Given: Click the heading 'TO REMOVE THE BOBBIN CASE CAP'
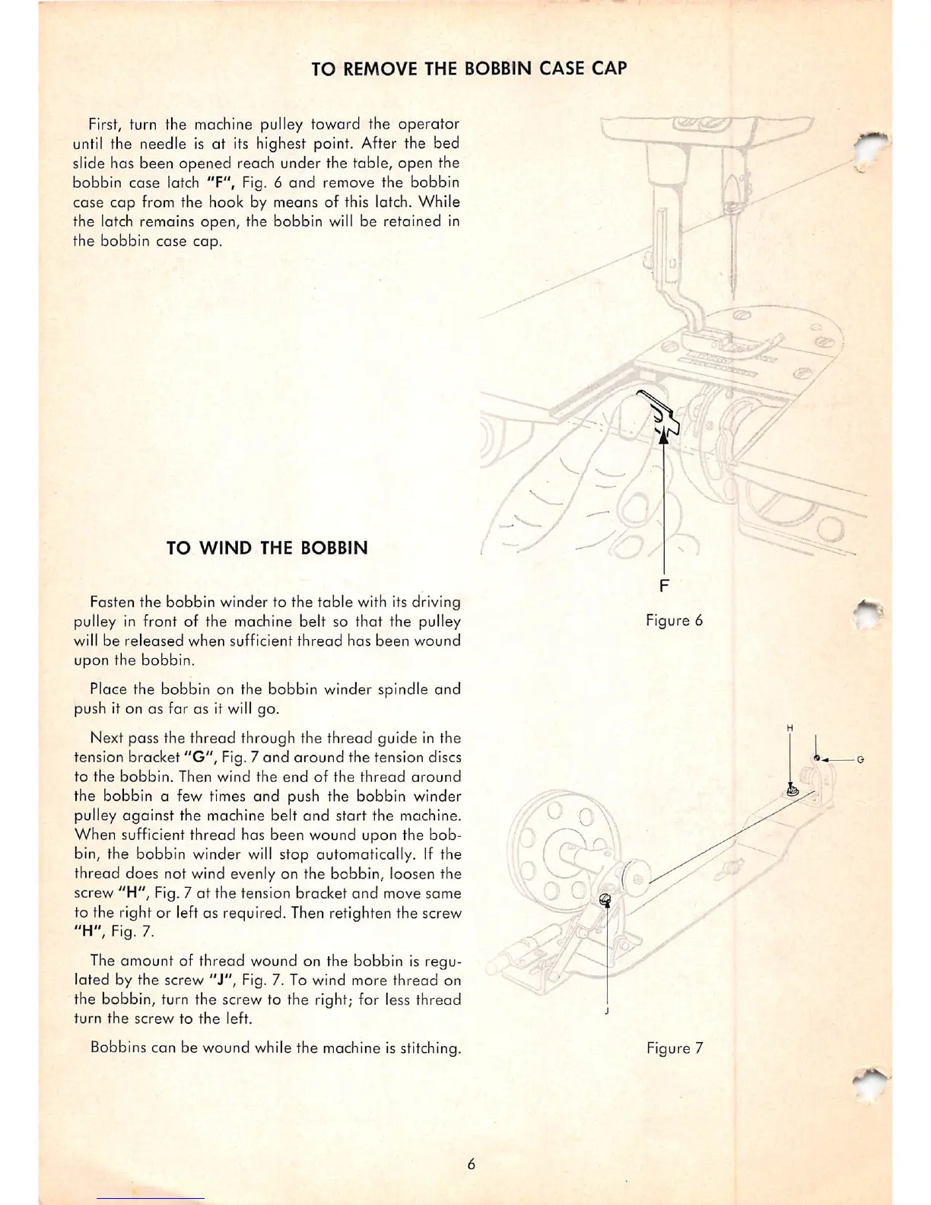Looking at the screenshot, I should (x=469, y=68).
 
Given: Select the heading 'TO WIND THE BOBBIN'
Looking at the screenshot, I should (x=267, y=548).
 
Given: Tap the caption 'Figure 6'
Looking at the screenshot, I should (x=674, y=620).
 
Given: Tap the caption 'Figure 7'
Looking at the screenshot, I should (x=674, y=1048).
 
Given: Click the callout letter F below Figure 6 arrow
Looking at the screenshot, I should (x=665, y=585).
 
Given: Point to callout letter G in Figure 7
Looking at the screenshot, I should (x=860, y=759).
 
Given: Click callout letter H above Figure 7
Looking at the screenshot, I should (x=790, y=729).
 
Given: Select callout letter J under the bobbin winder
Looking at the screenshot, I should (x=607, y=1012).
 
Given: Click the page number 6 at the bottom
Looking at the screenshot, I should (x=472, y=1164).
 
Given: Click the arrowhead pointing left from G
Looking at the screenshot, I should (x=825, y=759).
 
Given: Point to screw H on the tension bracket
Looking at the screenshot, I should (x=791, y=791).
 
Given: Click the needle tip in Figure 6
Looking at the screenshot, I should (x=733, y=295).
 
